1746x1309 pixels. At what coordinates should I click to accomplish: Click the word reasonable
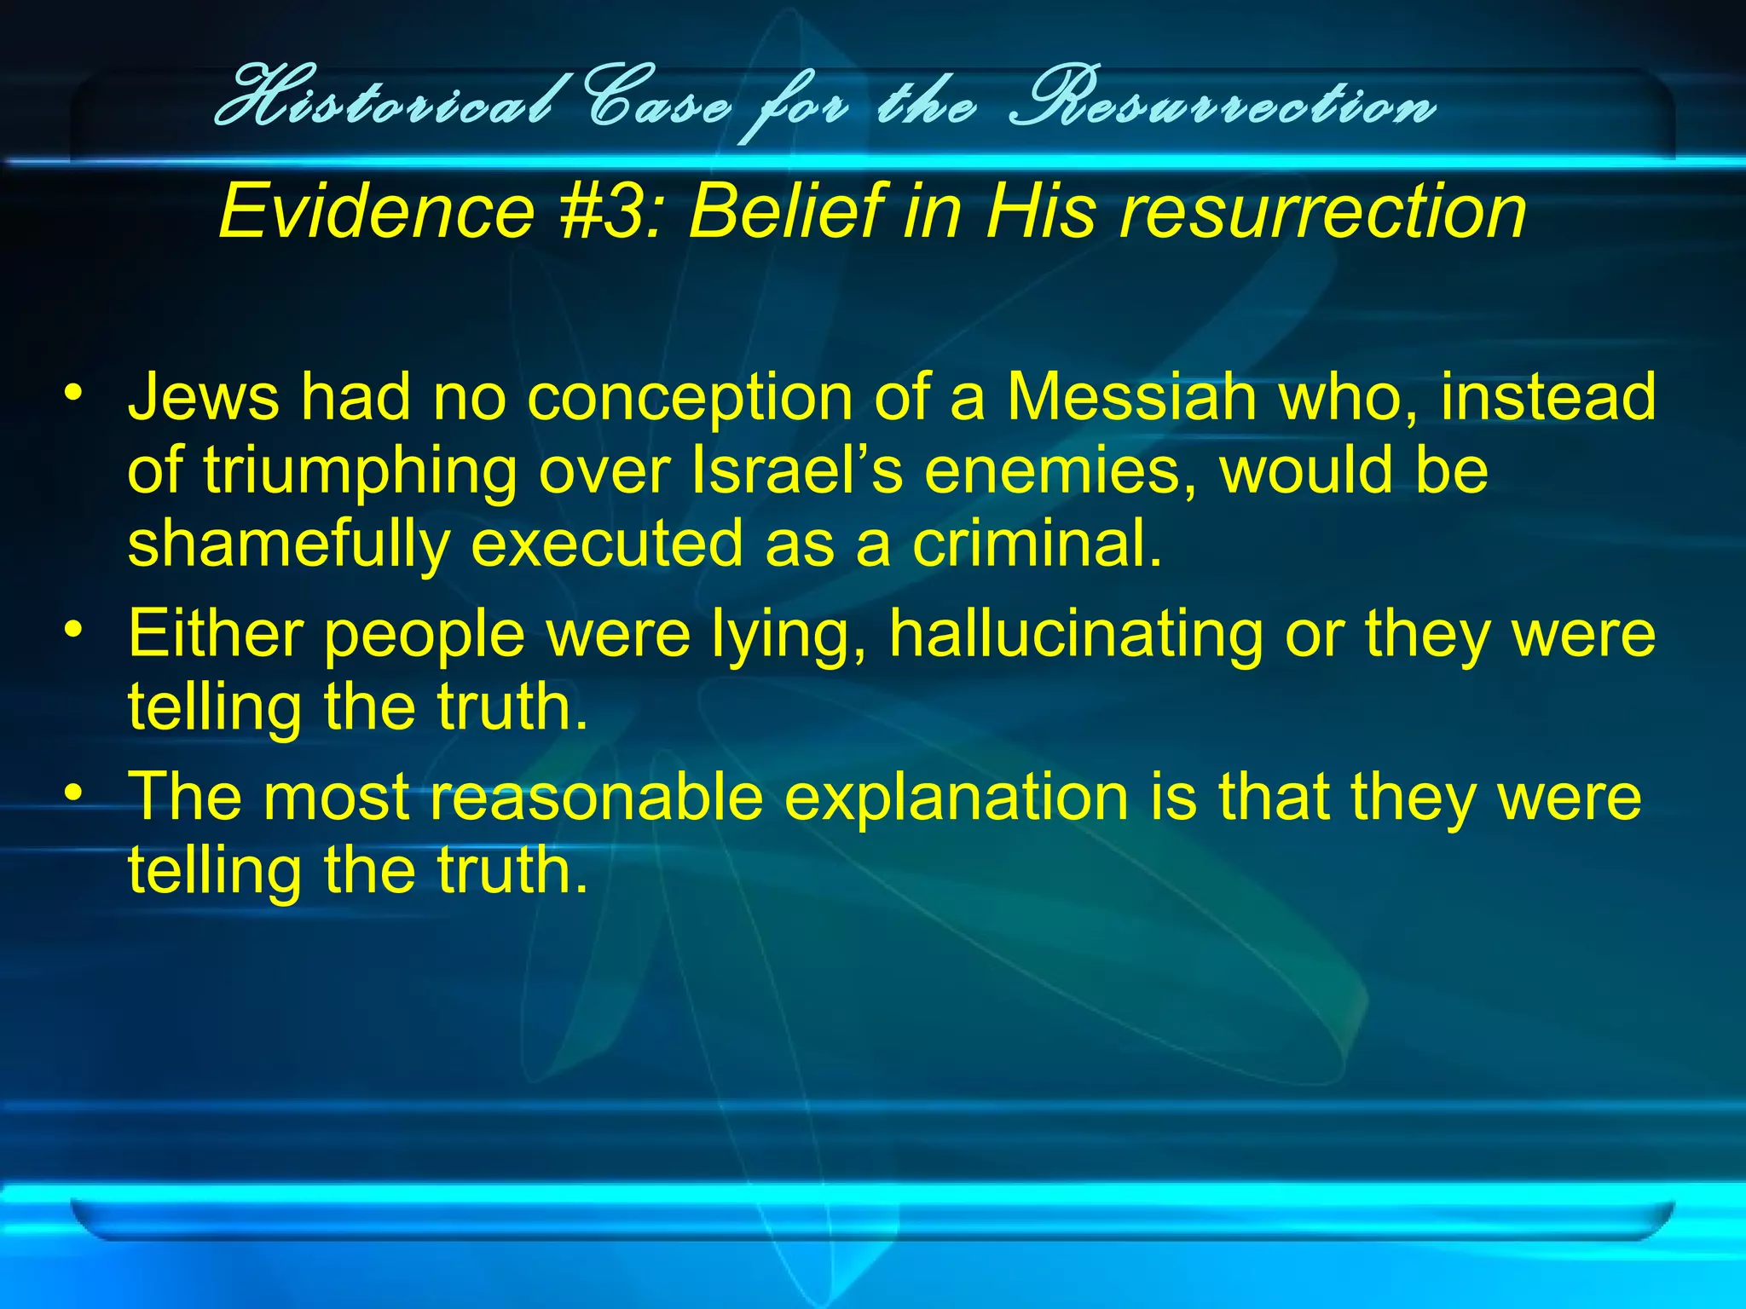[x=597, y=796]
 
